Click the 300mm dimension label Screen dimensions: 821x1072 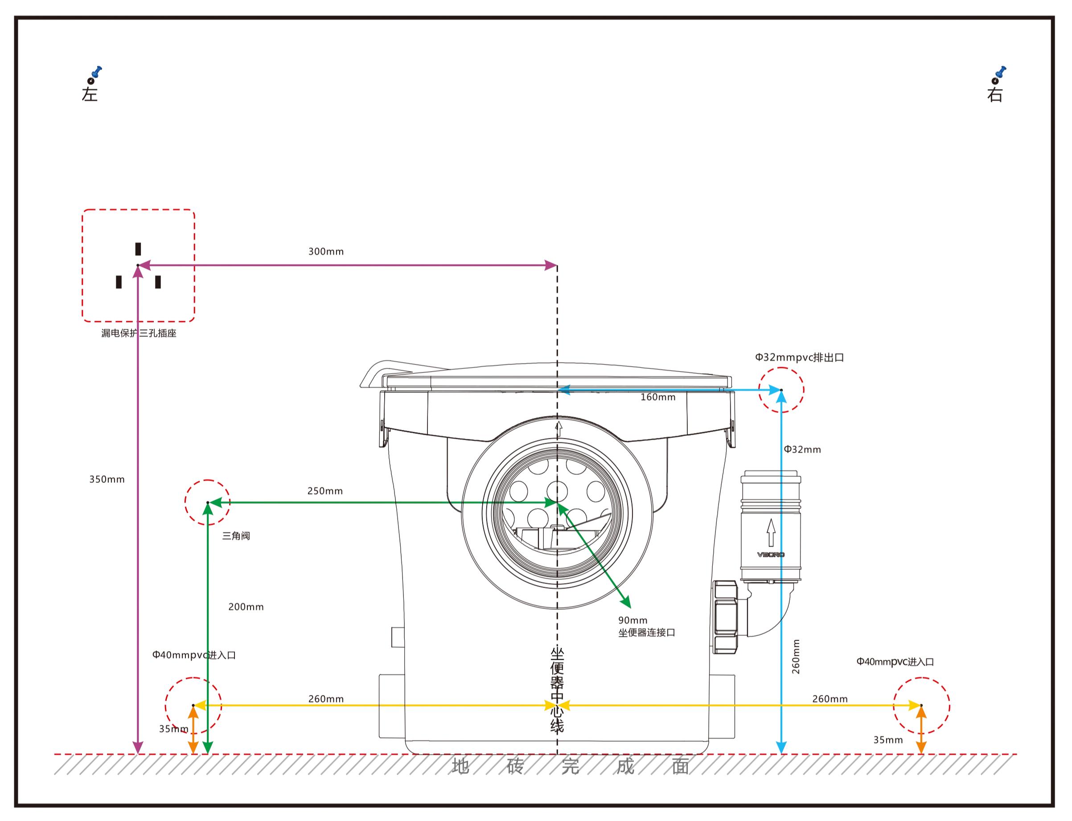326,252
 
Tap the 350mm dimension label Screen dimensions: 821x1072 107,479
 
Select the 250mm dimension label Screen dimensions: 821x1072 325,491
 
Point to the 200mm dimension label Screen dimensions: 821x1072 246,607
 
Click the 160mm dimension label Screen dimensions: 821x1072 658,397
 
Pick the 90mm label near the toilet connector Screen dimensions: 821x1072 633,620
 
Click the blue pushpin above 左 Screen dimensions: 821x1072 97,72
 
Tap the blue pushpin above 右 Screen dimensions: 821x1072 1001,72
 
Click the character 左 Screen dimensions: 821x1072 90,94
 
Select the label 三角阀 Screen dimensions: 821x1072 236,535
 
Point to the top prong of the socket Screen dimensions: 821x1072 138,249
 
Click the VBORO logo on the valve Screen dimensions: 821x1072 771,555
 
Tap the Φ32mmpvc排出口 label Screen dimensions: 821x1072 799,357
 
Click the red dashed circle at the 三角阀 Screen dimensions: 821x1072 207,502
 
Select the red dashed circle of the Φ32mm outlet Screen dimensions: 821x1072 781,389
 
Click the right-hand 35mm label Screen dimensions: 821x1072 887,740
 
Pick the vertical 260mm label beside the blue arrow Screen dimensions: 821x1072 796,657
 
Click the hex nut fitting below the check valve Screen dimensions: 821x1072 725,617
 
